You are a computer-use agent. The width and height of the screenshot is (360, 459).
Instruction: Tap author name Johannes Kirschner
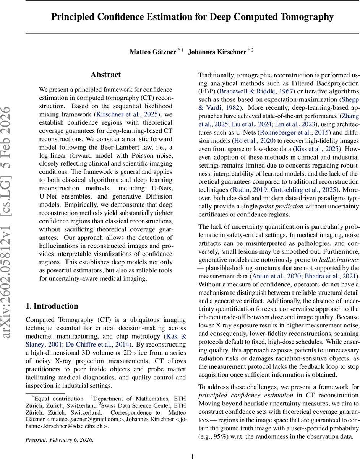[x=217, y=52]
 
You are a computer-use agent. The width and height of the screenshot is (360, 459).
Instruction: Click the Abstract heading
[x=105, y=75]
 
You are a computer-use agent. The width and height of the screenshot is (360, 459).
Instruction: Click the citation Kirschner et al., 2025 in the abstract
[x=126, y=114]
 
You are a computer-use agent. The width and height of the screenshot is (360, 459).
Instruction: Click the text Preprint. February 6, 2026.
[x=59, y=439]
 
